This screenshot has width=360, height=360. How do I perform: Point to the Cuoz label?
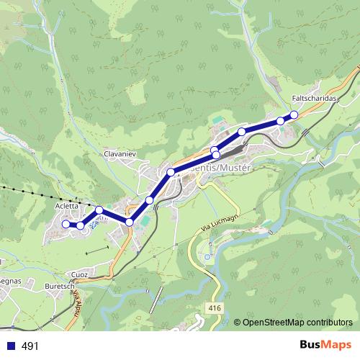tap(79, 274)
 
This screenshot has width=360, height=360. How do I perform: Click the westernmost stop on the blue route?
tap(66, 225)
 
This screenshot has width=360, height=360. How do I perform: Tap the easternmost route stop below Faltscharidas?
tap(294, 115)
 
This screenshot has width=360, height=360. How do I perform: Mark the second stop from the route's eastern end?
tap(280, 120)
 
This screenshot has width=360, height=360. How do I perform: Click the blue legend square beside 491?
tap(12, 346)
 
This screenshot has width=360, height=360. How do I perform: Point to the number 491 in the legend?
tap(30, 346)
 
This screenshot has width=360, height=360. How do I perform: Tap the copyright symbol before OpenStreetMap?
tap(237, 323)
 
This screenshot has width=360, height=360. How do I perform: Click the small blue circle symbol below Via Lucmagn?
tap(207, 256)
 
